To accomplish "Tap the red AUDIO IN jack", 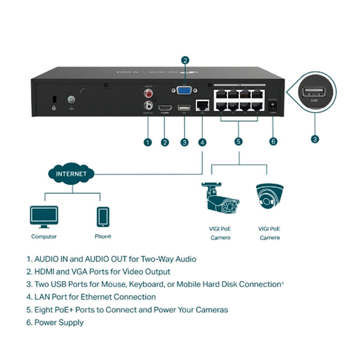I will click(x=147, y=93).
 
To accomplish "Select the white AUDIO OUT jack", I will click(x=147, y=105).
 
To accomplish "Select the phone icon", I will click(x=103, y=216).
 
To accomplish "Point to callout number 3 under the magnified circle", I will click(x=315, y=139).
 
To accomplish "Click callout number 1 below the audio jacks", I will click(x=147, y=142).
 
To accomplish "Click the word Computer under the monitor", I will click(x=44, y=236).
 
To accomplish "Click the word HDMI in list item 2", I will click(x=45, y=272).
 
